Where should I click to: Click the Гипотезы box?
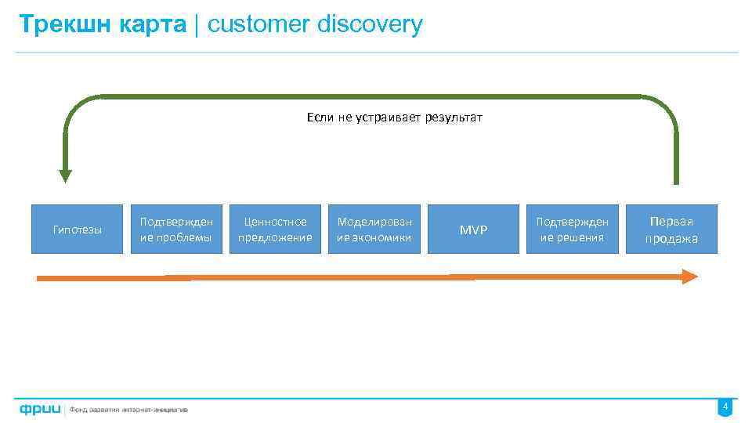77,230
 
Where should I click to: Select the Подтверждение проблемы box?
176,230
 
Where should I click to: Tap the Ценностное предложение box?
275,230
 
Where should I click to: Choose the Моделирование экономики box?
374,230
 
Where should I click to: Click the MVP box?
473,230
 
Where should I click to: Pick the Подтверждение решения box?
573,230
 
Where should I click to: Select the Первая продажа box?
672,230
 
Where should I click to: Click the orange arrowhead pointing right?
689,276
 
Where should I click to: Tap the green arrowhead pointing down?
65,175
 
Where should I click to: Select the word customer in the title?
259,24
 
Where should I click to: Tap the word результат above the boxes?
454,118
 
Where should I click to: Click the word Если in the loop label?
320,118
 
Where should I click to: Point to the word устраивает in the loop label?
389,118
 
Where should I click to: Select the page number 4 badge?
725,407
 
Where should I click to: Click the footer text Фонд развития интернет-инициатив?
129,409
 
